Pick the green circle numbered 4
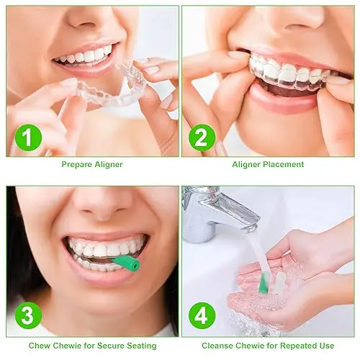tap(202, 316)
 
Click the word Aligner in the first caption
tap(108, 165)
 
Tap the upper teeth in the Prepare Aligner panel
tap(87, 55)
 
